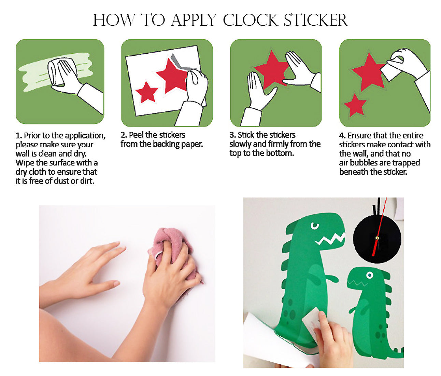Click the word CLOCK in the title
[251, 20]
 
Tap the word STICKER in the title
[315, 20]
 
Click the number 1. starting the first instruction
[19, 135]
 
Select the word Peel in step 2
[136, 135]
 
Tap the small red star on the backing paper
[147, 92]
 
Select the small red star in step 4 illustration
[355, 105]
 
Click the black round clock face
[377, 239]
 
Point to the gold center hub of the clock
[377, 238]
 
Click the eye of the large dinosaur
[315, 226]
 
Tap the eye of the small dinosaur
[370, 275]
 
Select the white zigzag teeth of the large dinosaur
[330, 239]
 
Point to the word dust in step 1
[62, 181]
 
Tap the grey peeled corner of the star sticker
[181, 63]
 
